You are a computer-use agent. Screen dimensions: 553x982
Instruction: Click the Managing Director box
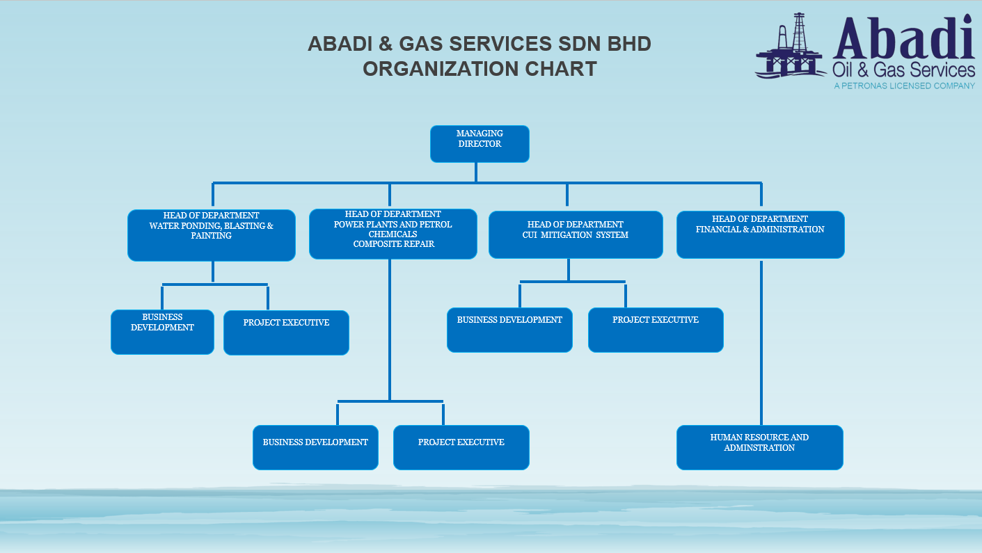[480, 144]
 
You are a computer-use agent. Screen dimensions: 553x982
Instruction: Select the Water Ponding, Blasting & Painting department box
[212, 235]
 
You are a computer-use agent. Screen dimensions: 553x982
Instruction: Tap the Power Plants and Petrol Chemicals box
[393, 234]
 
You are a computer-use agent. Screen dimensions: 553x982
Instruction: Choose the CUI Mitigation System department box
[576, 234]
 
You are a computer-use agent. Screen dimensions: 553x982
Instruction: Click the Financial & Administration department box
[760, 234]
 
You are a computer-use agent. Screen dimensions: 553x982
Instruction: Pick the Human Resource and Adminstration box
[759, 447]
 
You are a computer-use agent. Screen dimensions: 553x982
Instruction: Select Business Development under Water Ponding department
[162, 332]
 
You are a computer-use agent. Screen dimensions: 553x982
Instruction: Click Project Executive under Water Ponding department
[286, 332]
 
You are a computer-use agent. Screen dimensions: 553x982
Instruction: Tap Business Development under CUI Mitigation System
[509, 330]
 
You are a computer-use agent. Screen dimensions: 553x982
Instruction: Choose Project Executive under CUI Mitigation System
[656, 330]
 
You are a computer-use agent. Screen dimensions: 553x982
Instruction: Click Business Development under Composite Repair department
[315, 447]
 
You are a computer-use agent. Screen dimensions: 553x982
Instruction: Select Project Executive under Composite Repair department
[461, 447]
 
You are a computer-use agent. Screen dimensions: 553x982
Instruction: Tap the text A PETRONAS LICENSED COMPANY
[904, 86]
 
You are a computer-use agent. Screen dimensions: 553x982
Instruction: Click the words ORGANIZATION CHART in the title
[480, 69]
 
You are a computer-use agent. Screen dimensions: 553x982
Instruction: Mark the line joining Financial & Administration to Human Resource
[761, 341]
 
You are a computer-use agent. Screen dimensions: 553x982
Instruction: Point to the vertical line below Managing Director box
[476, 172]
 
